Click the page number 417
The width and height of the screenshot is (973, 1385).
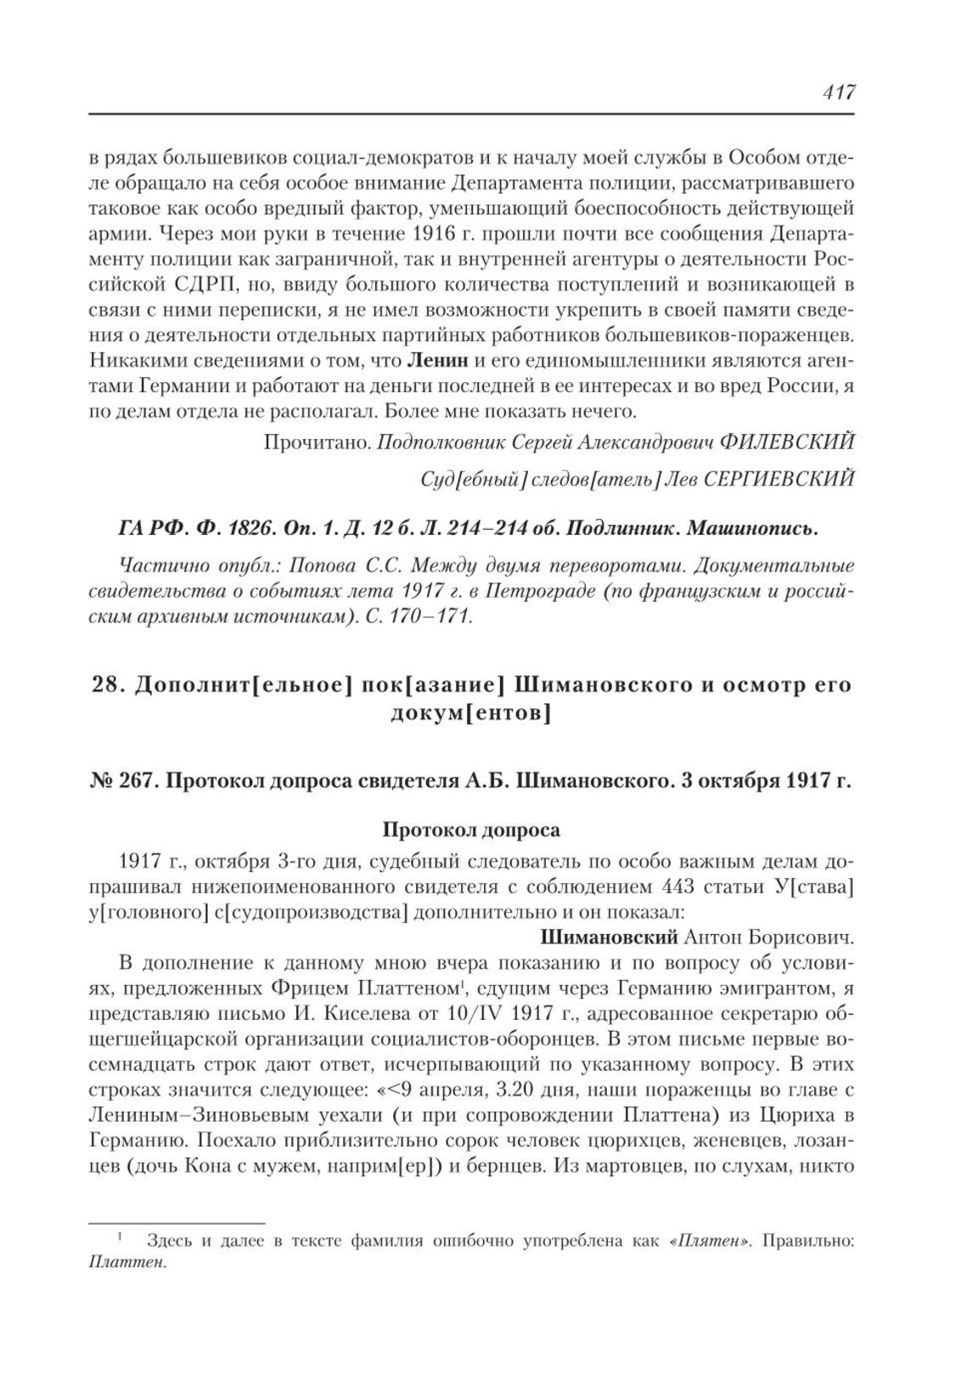click(x=837, y=93)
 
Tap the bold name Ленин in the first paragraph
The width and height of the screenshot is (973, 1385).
click(x=438, y=360)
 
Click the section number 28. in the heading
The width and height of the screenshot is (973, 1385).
click(x=106, y=685)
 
